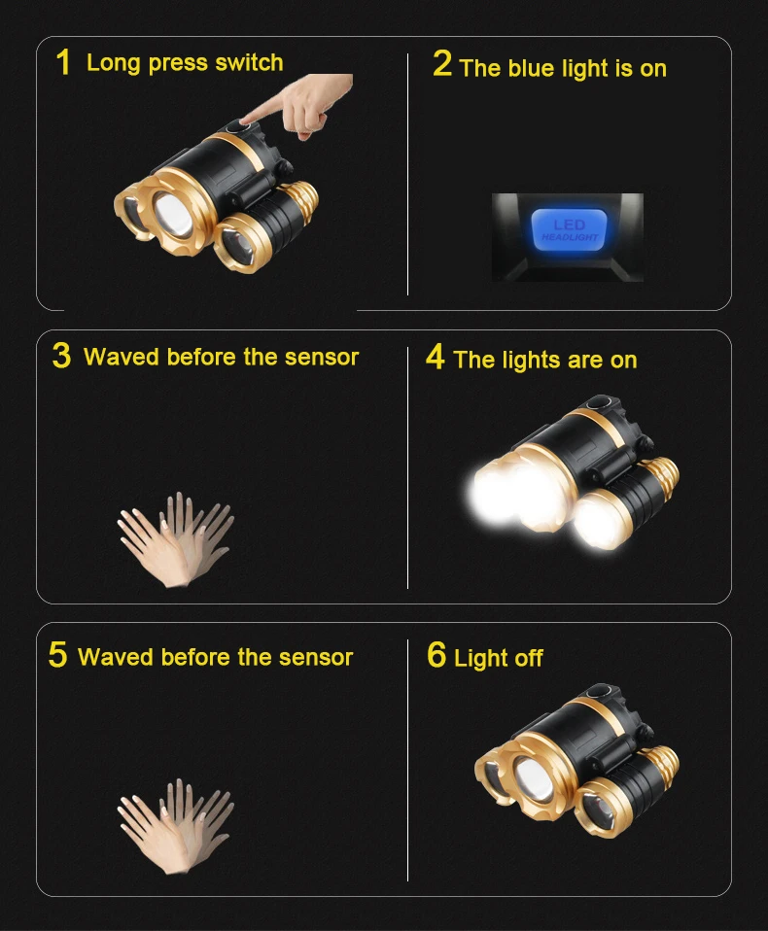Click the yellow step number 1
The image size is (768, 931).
(63, 62)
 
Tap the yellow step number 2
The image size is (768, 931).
(442, 63)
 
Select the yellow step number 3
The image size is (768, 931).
(61, 356)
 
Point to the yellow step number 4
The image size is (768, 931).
(436, 357)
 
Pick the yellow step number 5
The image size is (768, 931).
(57, 654)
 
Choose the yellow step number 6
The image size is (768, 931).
(436, 654)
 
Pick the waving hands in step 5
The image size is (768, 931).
(176, 826)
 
